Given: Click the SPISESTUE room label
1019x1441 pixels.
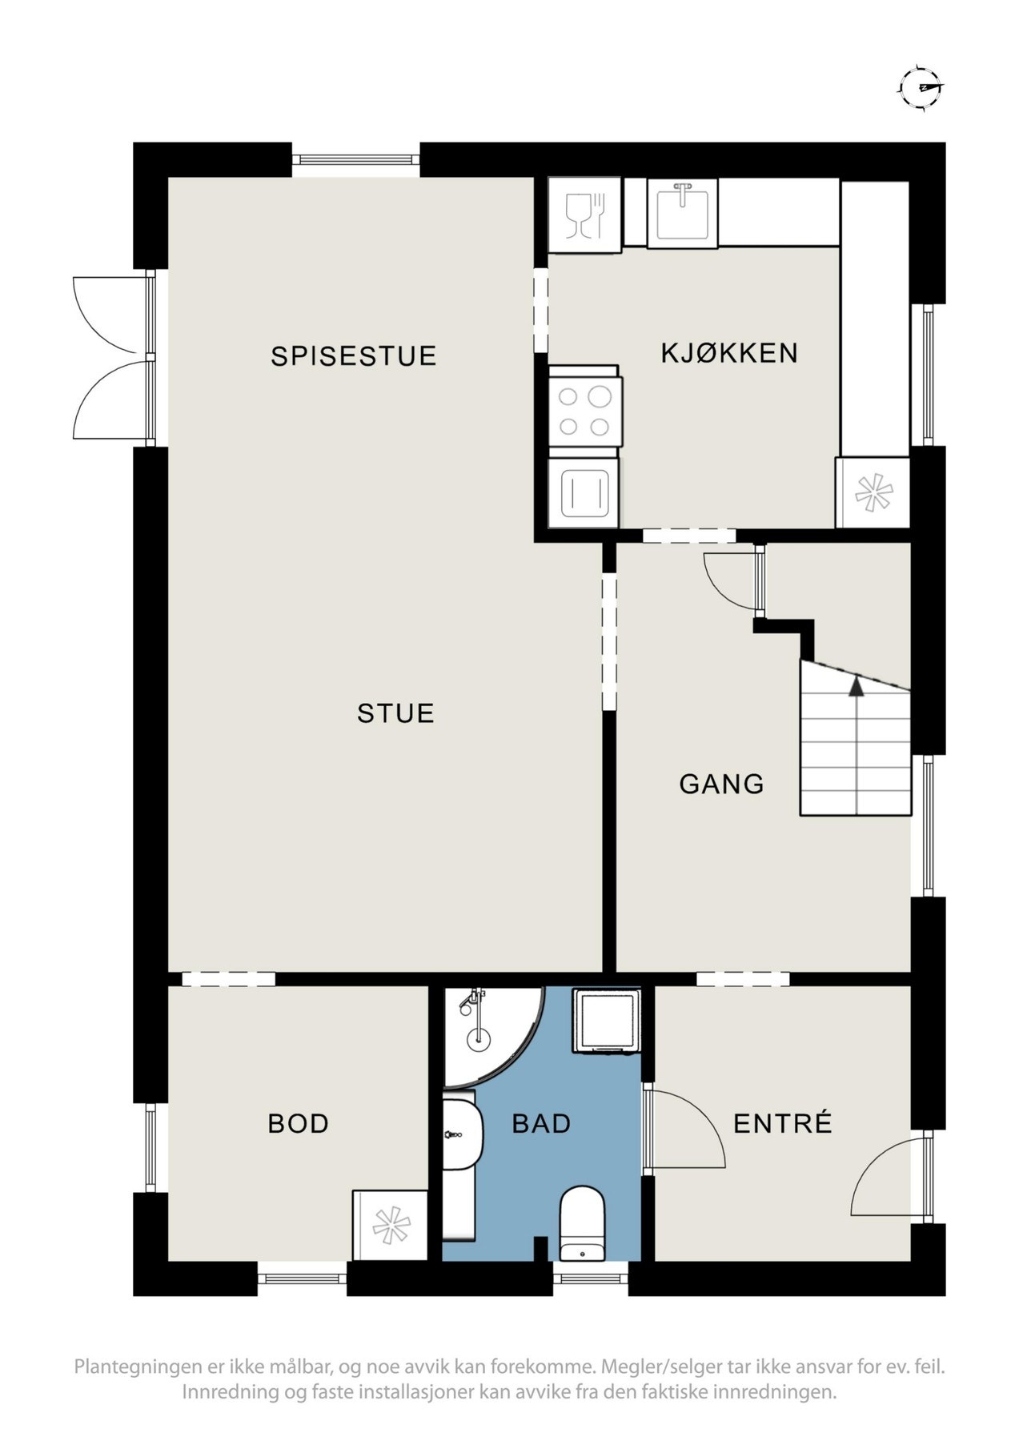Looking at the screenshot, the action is [x=354, y=356].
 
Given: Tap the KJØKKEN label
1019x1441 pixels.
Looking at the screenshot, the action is [x=729, y=352].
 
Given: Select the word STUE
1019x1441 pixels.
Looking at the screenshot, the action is [x=395, y=713].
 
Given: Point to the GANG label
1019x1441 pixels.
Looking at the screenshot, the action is [x=721, y=784].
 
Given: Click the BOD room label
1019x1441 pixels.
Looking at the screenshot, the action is [x=299, y=1124].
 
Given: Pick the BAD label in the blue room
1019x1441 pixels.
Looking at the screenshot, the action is [x=541, y=1124].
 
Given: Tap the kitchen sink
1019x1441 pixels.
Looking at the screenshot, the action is [x=682, y=211].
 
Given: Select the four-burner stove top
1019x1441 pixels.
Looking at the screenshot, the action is [x=584, y=411].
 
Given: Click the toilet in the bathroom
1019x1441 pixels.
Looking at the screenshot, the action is [x=582, y=1223].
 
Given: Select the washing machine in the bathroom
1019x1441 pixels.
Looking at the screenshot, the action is [x=606, y=1021].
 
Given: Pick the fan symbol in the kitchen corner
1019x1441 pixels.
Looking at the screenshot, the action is [x=873, y=492].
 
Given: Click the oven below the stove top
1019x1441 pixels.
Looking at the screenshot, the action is [x=584, y=493].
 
